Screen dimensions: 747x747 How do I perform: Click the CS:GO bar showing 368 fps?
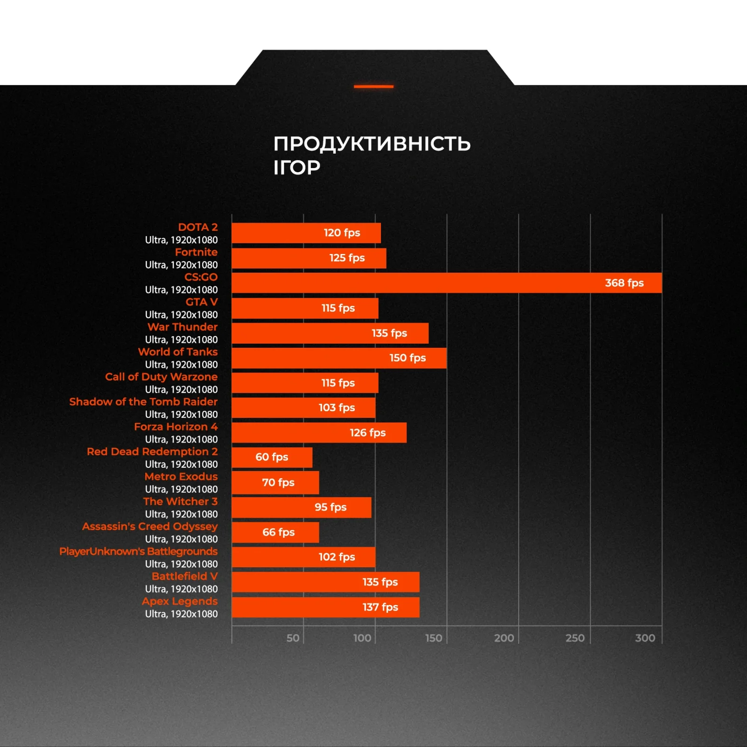(446, 283)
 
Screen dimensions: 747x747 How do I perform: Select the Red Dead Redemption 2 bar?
(272, 458)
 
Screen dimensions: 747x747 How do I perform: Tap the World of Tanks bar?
(339, 358)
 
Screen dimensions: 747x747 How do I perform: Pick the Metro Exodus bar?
(275, 483)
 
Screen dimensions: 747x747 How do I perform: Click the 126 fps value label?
(367, 433)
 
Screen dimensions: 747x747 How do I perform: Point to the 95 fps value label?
(331, 507)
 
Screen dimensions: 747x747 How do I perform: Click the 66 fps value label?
(278, 532)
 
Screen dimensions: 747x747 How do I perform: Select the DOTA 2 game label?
(197, 227)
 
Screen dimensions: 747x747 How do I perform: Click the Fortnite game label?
(196, 252)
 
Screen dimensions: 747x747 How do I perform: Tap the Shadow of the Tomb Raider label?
(143, 402)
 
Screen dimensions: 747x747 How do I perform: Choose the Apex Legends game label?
(180, 601)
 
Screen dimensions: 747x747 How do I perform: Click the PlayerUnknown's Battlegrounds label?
(138, 551)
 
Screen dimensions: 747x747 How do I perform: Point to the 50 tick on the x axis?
(293, 638)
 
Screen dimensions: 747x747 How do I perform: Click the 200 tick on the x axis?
(504, 638)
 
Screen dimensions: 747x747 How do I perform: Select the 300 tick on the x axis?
(645, 638)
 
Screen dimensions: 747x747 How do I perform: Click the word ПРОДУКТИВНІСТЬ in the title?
(372, 144)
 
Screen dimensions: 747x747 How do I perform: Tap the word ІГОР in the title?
(297, 168)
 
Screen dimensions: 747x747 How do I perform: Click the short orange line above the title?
(373, 86)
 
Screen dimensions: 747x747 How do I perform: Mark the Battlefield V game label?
(184, 577)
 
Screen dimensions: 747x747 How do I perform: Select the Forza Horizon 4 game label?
(176, 427)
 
